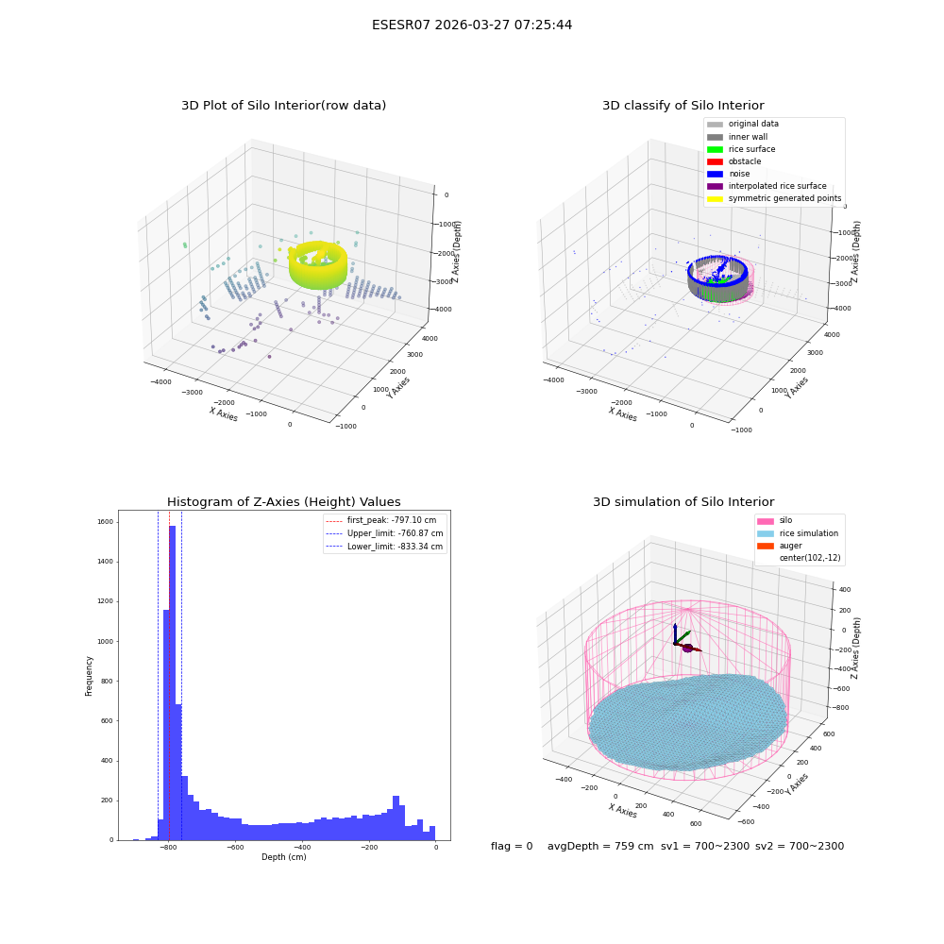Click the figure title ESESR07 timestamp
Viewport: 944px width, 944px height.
[472, 25]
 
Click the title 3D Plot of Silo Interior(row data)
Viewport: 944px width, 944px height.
[283, 106]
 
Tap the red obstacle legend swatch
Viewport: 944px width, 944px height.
[715, 161]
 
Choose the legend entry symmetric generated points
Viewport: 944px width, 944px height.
[774, 198]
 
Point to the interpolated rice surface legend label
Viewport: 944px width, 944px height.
[777, 186]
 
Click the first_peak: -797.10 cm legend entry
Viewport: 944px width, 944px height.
[380, 520]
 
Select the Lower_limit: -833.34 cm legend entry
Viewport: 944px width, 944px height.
[384, 547]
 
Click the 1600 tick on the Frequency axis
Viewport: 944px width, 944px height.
[106, 522]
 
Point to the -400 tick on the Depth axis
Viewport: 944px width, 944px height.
[302, 847]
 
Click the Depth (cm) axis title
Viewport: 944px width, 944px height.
[284, 857]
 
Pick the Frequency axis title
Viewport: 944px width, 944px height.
[89, 676]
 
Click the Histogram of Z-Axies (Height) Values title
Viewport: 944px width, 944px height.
[283, 502]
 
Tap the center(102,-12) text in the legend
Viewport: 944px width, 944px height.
[810, 558]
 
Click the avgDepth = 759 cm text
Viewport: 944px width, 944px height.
[600, 846]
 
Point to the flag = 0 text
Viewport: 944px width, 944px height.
[512, 846]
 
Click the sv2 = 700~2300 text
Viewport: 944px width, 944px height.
[800, 846]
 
